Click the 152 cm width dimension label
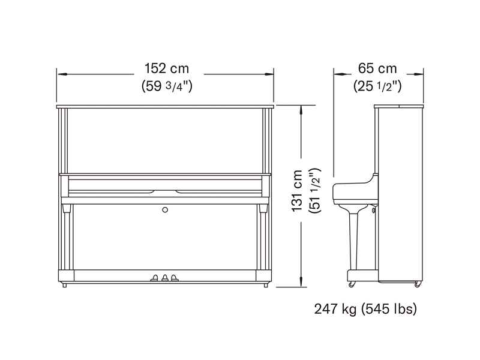tap(167, 68)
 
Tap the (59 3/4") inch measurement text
tap(167, 86)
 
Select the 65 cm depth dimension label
tap(377, 68)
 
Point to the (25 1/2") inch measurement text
tap(377, 86)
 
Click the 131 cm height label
tap(296, 191)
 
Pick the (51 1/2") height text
tap(315, 191)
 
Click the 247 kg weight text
tap(335, 309)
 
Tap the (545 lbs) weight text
tap(389, 309)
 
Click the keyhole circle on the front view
tap(165, 209)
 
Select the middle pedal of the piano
tap(165, 278)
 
